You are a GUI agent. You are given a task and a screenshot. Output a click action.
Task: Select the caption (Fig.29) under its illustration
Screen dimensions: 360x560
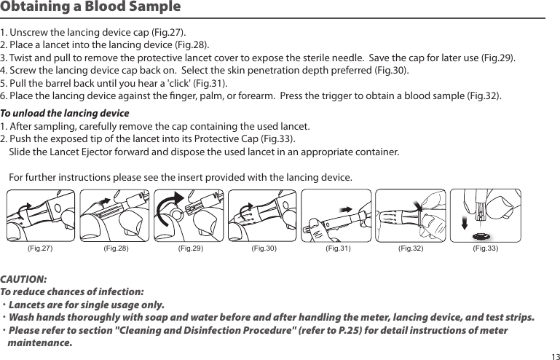pyautogui.click(x=190, y=249)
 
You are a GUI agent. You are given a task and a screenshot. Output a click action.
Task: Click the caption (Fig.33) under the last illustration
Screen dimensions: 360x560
pyautogui.click(x=485, y=249)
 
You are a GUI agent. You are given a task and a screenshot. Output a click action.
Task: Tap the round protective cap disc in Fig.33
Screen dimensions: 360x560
pyautogui.click(x=480, y=235)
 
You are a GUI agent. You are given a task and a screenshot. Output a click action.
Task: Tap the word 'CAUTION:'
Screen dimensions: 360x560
pyautogui.click(x=24, y=279)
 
